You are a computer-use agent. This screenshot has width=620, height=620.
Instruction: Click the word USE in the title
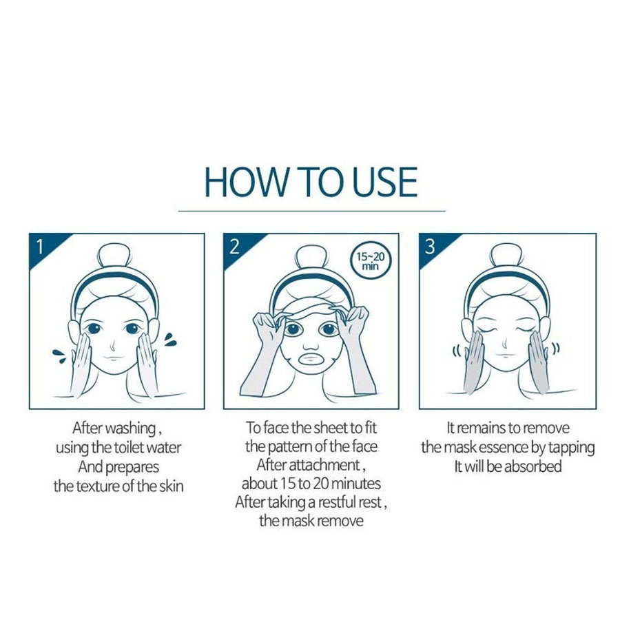[384, 182]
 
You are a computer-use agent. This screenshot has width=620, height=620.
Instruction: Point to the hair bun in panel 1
[114, 255]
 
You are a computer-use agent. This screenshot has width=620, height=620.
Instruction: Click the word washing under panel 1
[131, 428]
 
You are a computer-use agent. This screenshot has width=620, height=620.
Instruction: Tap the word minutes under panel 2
[356, 484]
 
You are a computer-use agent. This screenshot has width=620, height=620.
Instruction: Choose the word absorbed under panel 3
[533, 466]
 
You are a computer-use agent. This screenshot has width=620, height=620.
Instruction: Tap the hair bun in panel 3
[506, 255]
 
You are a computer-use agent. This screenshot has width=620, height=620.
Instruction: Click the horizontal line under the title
[311, 211]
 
